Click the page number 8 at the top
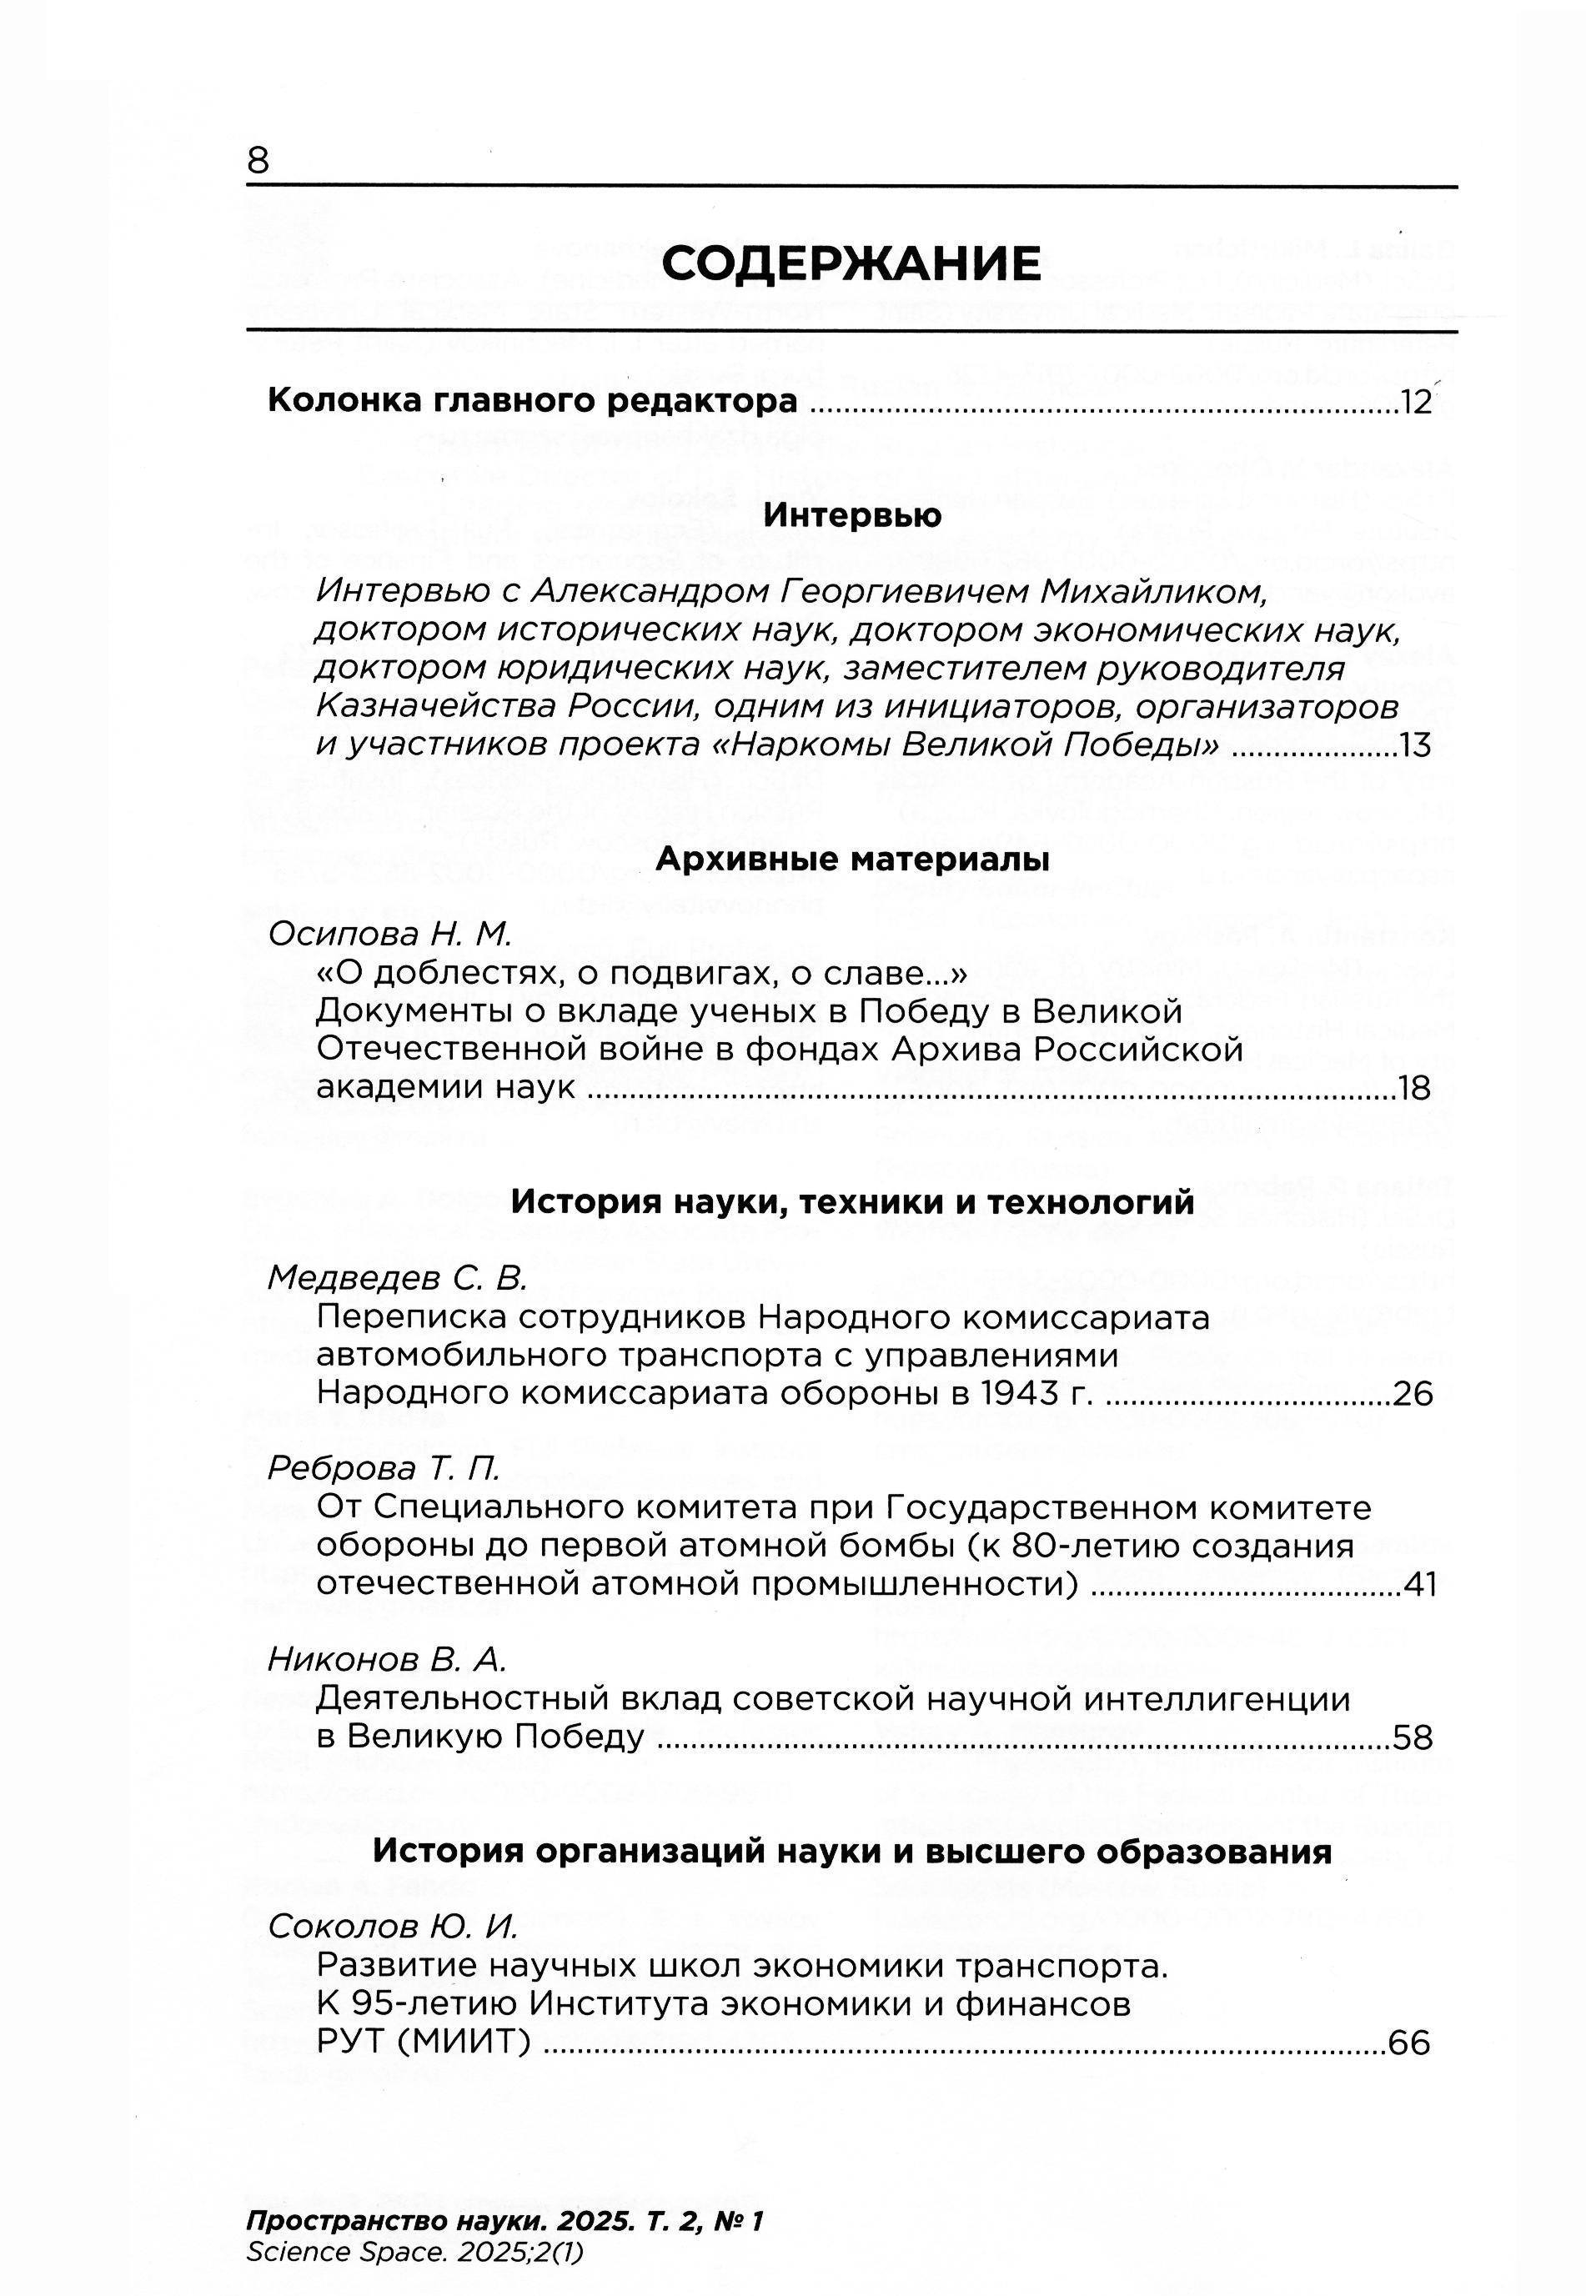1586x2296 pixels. [x=258, y=160]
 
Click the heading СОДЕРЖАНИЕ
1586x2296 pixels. [x=851, y=264]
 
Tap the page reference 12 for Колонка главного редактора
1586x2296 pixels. [x=1415, y=403]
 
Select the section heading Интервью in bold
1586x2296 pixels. [x=851, y=515]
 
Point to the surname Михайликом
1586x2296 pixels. [x=1152, y=592]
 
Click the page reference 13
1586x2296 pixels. [x=1415, y=745]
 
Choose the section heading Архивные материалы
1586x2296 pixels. [x=851, y=860]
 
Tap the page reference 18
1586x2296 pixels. [x=1414, y=1089]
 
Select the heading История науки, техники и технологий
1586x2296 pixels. [x=851, y=1202]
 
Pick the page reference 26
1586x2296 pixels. [x=1413, y=1394]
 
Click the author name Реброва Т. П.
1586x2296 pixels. [x=384, y=1468]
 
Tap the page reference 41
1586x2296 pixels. [x=1420, y=1585]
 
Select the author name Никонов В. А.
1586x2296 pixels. [x=387, y=1659]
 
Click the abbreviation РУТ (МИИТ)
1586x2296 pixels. [x=421, y=2043]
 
